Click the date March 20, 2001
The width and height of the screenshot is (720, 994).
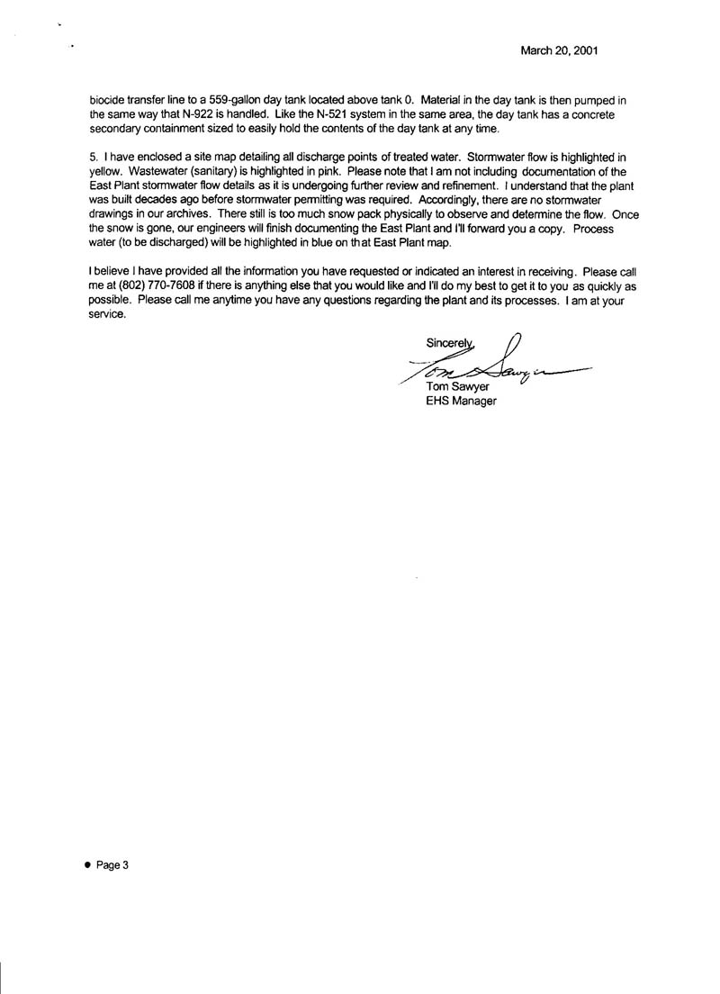click(x=560, y=51)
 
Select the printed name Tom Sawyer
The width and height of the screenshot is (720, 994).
click(x=455, y=388)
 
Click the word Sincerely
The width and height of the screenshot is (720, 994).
click(x=449, y=340)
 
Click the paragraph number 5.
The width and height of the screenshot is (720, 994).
click(x=93, y=157)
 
